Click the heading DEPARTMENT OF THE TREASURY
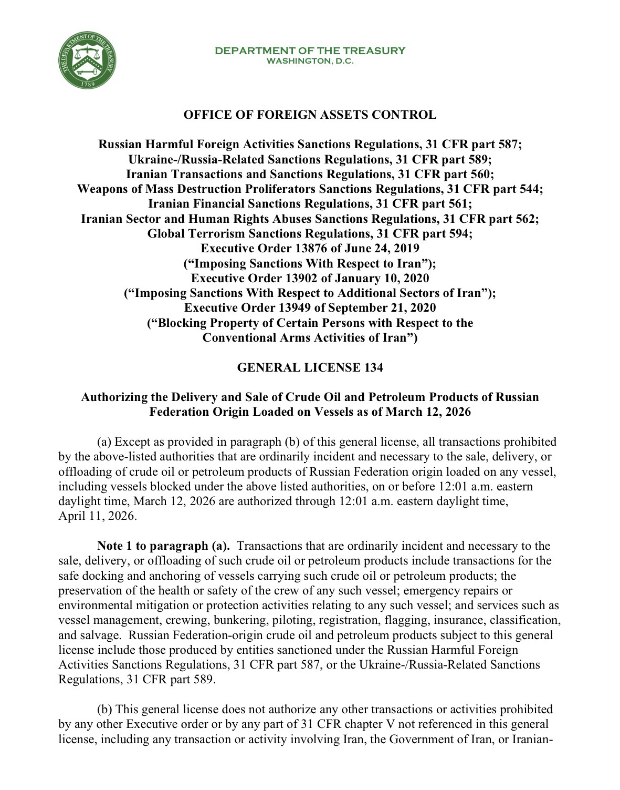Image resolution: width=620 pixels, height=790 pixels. (x=310, y=50)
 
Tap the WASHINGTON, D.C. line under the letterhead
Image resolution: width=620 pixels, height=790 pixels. (x=310, y=61)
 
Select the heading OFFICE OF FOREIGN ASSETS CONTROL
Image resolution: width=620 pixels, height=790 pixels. (x=310, y=115)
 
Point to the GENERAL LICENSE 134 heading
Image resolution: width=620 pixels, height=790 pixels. (x=310, y=367)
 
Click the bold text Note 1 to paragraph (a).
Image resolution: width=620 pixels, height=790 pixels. (x=164, y=546)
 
